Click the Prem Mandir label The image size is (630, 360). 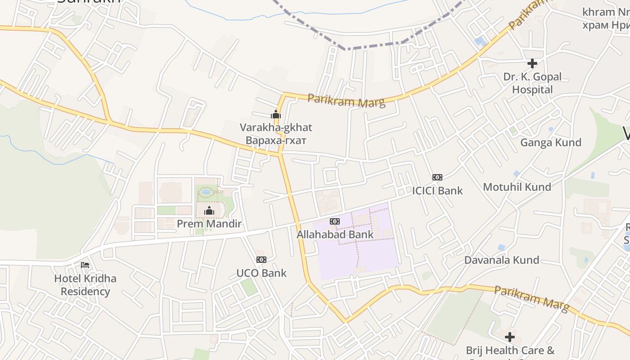(209, 224)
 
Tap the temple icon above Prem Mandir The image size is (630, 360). (209, 211)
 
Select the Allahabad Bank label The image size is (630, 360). (335, 234)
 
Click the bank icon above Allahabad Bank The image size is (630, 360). (335, 221)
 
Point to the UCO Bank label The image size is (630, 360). (261, 273)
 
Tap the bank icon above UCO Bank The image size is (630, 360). (261, 260)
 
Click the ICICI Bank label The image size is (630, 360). (437, 190)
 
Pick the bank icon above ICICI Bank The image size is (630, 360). (437, 177)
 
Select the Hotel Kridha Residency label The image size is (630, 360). (85, 285)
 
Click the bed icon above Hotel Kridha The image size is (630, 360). (85, 265)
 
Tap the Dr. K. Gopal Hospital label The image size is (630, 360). (532, 83)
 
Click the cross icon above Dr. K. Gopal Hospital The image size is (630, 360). (532, 63)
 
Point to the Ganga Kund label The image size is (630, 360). (551, 143)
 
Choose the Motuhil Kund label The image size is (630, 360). (517, 187)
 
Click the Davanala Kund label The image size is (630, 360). (502, 260)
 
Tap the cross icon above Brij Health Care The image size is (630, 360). (510, 337)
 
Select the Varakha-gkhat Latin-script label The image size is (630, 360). (276, 127)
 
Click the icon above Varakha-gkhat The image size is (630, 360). (276, 115)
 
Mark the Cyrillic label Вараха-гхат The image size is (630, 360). (276, 140)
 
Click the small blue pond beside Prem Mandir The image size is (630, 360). (207, 192)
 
